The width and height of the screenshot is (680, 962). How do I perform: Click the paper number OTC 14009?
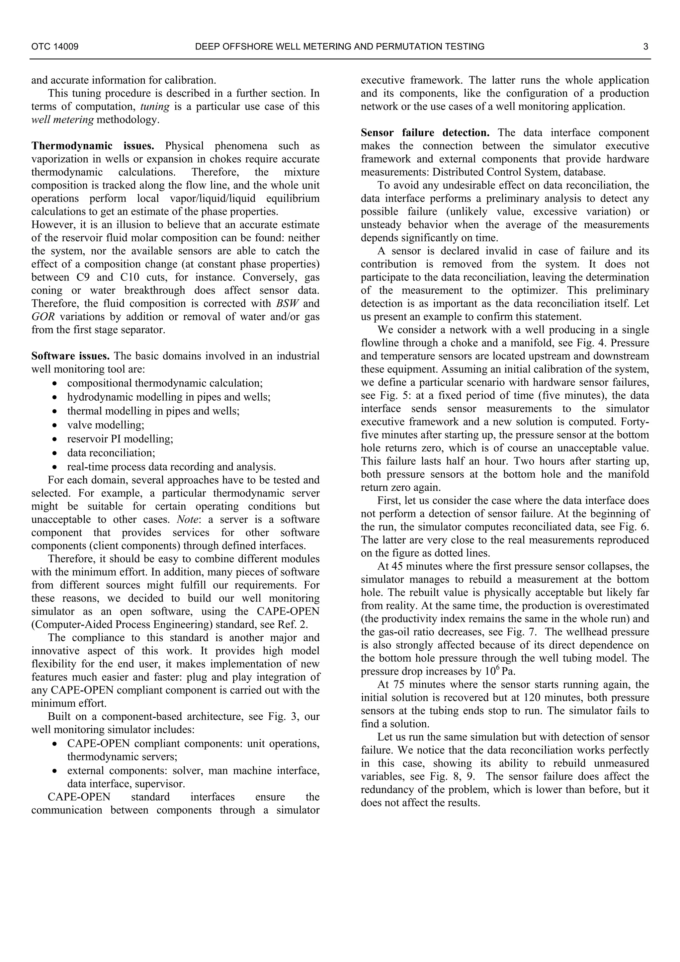pos(55,46)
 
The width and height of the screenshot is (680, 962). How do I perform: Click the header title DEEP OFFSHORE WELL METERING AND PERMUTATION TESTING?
pos(340,46)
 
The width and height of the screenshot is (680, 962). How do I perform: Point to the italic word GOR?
pos(43,317)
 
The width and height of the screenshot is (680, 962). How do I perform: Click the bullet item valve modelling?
pos(106,425)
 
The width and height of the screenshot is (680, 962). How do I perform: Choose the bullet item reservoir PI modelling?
pos(120,439)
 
